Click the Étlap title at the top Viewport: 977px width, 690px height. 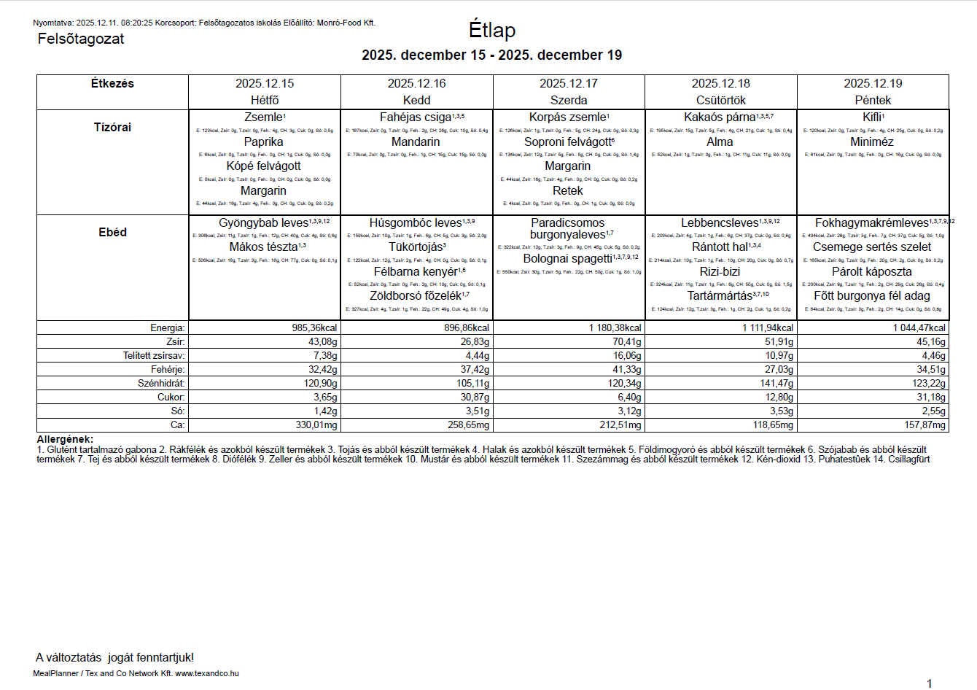[x=492, y=30]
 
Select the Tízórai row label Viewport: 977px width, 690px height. [x=112, y=127]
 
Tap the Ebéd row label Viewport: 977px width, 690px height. [x=112, y=232]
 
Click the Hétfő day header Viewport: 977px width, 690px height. [x=265, y=100]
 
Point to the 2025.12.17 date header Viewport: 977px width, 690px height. [x=569, y=83]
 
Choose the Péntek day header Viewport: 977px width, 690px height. [x=873, y=100]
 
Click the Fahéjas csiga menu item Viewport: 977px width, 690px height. [x=416, y=117]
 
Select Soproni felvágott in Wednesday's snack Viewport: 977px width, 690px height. [x=567, y=142]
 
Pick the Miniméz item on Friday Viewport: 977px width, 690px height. [x=872, y=142]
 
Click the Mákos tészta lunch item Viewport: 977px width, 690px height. [x=264, y=247]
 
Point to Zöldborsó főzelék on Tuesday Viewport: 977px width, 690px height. [x=416, y=296]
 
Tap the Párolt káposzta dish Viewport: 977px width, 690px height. [x=872, y=271]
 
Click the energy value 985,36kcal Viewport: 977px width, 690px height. [x=314, y=328]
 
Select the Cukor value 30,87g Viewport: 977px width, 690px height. [x=474, y=398]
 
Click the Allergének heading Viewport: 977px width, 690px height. [x=65, y=439]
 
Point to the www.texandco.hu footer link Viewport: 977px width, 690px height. [x=207, y=673]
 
